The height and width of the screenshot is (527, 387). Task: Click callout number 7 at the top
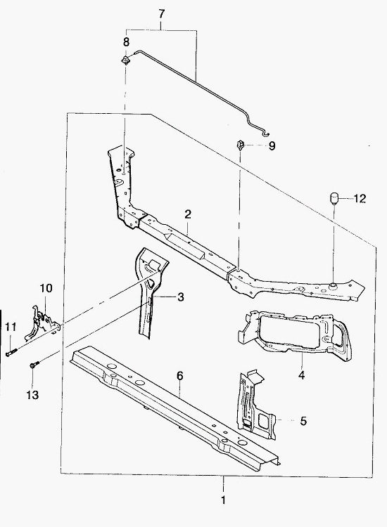(162, 14)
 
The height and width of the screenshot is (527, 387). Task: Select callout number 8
(126, 42)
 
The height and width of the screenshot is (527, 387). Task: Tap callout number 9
(272, 146)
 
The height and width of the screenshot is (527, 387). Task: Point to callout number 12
(360, 199)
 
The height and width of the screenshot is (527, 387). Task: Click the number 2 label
(188, 214)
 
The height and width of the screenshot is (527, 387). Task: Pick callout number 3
(181, 297)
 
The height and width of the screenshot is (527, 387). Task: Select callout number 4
(302, 375)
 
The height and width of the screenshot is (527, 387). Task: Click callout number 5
(303, 421)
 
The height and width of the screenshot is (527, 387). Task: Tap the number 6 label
(180, 376)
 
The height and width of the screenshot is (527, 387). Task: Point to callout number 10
(46, 288)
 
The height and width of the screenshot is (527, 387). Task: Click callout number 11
(11, 327)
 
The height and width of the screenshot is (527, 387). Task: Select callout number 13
(32, 395)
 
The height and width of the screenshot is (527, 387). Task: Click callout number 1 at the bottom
(223, 500)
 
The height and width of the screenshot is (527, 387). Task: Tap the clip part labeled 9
(240, 145)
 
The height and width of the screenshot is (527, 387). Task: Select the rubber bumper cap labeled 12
(333, 199)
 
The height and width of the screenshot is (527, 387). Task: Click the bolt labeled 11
(11, 353)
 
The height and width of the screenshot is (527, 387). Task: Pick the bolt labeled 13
(34, 364)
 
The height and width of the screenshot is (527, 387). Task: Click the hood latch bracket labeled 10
(42, 323)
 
